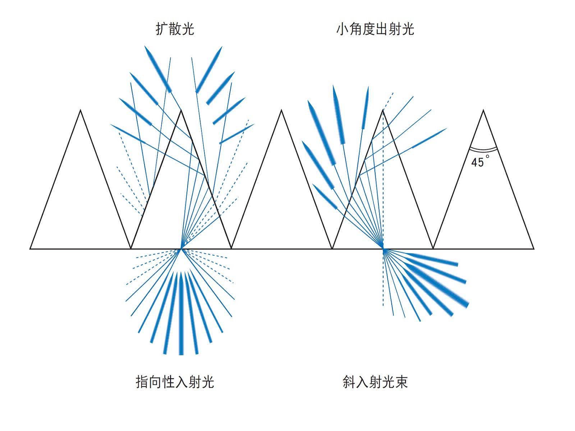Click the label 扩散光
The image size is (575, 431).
tap(175, 29)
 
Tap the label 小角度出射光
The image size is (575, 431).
tap(375, 29)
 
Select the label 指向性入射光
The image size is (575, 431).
tap(175, 382)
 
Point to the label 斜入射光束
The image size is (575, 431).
tap(375, 382)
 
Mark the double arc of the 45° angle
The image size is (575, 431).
tap(483, 148)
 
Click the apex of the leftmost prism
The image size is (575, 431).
tap(80, 110)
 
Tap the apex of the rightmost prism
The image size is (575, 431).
tap(483, 110)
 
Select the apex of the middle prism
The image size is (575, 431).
tap(282, 110)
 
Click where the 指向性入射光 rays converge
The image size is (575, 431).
tap(181, 248)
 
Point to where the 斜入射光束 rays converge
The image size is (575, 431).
tap(383, 248)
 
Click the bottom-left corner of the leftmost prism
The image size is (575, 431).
tap(30, 248)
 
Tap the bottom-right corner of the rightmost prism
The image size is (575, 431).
tap(534, 248)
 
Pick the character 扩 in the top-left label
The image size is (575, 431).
tap(162, 29)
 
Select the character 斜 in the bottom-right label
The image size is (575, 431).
tap(349, 382)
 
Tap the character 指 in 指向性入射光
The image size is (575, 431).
tap(143, 382)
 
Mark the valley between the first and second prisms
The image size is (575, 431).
tap(131, 248)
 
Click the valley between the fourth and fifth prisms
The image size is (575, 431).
tap(433, 248)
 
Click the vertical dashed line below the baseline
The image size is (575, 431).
tap(383, 280)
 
